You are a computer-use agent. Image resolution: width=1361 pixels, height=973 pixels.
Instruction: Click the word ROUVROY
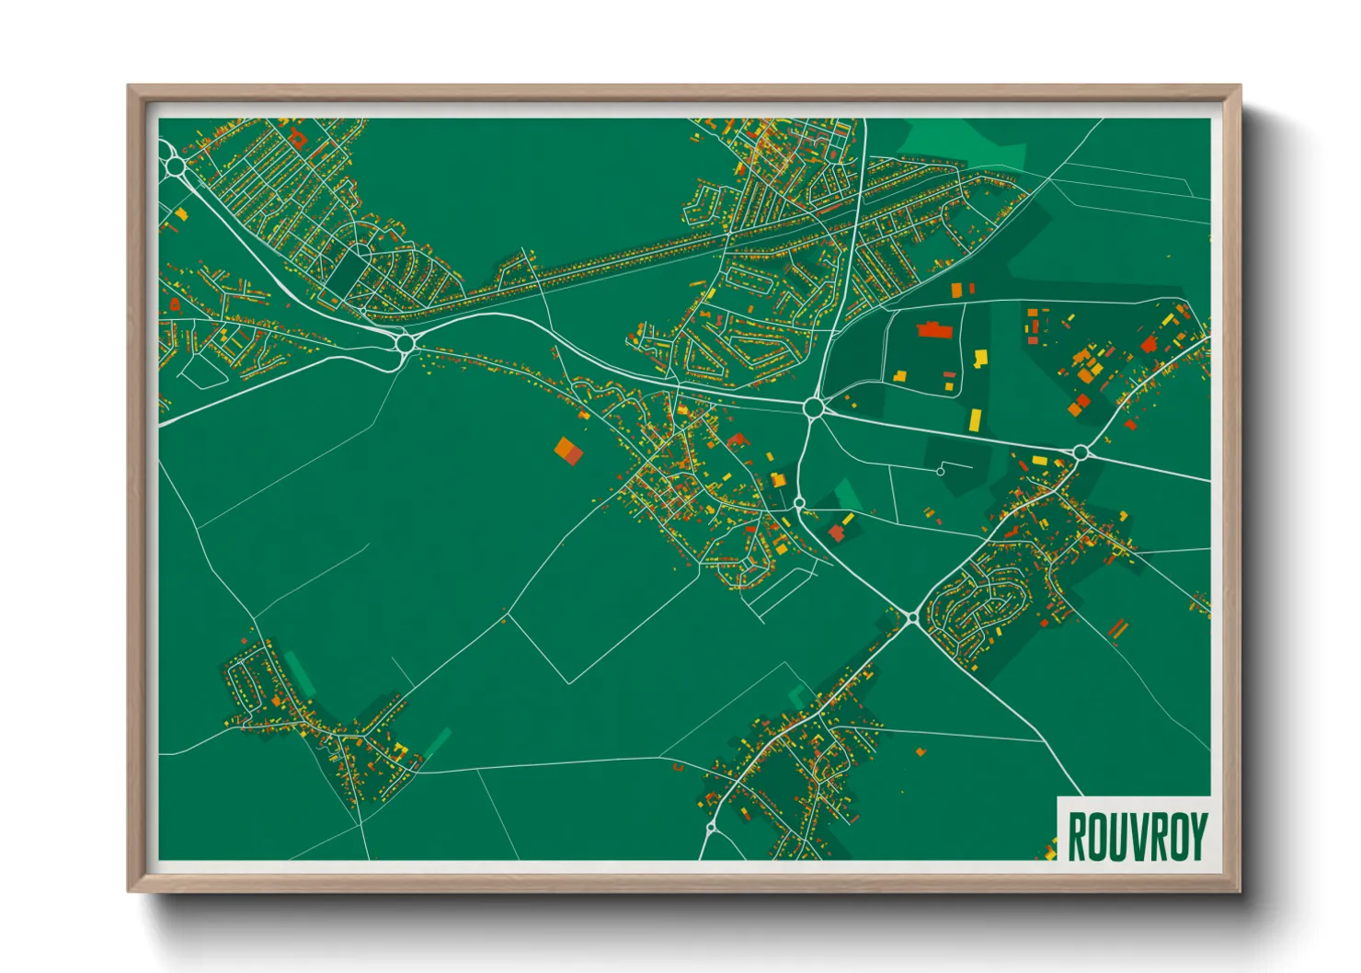[x=1137, y=836]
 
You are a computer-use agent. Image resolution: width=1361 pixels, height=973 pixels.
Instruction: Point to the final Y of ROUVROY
[x=1196, y=836]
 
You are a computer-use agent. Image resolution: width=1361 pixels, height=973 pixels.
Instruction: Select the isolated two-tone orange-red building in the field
[x=568, y=451]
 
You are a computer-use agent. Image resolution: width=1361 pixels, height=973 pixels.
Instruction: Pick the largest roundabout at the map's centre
[x=813, y=406]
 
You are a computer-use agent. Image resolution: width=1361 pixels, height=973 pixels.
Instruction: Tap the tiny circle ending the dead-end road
[x=940, y=472]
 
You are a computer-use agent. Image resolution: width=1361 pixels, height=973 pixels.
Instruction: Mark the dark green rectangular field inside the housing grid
[x=349, y=272]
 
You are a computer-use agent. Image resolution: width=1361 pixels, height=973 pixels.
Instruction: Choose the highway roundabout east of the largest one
[x=1081, y=452]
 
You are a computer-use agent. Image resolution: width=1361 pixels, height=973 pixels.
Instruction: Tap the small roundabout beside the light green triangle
[x=799, y=502]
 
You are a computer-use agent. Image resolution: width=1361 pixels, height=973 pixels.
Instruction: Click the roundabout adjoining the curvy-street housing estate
[x=912, y=618]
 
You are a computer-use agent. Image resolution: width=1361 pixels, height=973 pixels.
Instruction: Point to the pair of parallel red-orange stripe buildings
[x=1117, y=629]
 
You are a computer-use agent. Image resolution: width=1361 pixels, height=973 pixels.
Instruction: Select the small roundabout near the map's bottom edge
[x=711, y=829]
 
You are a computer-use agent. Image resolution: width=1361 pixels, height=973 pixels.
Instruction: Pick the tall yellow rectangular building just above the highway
[x=975, y=421]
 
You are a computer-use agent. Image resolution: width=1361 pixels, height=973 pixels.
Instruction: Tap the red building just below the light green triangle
[x=837, y=532]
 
